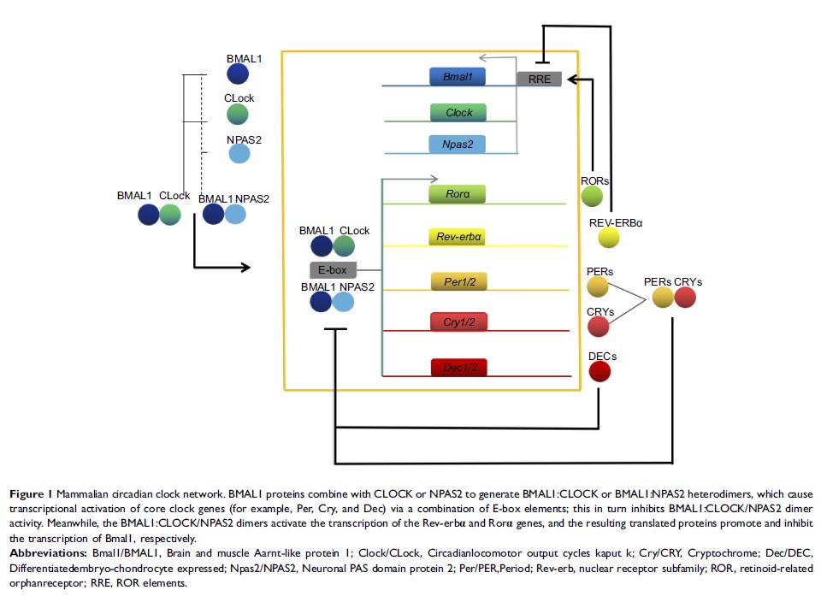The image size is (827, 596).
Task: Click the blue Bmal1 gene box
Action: (x=458, y=77)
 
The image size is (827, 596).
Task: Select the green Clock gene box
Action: (x=458, y=112)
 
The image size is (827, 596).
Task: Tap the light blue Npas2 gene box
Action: (x=458, y=144)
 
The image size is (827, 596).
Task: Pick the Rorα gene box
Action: (x=458, y=194)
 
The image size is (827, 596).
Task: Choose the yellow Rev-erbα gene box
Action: (x=458, y=236)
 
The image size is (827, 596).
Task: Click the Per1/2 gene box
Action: (x=458, y=280)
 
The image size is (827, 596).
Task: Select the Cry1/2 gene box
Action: (x=458, y=322)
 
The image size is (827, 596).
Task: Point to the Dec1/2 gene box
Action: (x=458, y=368)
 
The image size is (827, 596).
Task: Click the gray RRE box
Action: (x=539, y=79)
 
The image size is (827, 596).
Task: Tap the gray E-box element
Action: (x=333, y=270)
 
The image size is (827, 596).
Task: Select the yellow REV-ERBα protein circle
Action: (x=609, y=237)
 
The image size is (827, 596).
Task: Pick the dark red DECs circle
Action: (x=600, y=371)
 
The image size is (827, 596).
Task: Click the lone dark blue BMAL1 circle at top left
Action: (x=238, y=74)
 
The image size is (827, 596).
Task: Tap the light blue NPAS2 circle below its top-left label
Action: (x=239, y=154)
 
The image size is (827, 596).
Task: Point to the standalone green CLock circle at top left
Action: (x=238, y=114)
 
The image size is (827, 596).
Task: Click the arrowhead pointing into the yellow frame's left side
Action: (x=245, y=268)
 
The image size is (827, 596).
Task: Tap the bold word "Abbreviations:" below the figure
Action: (x=44, y=553)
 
